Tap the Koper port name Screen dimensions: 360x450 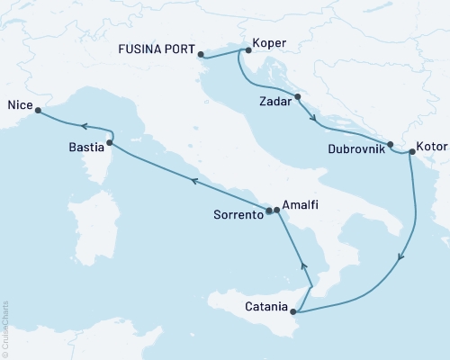point(271,42)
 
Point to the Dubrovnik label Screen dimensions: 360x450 point(356,149)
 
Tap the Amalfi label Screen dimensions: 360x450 point(301,205)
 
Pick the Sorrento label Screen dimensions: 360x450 point(238,215)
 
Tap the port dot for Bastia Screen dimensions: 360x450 point(110,142)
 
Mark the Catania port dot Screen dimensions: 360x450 point(294,312)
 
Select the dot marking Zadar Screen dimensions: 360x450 point(297,96)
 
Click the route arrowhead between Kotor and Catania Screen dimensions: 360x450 point(400,256)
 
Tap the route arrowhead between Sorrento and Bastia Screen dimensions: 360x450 point(193,181)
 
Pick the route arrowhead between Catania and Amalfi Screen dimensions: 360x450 point(303,266)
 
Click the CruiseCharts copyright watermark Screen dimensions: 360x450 point(6,328)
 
